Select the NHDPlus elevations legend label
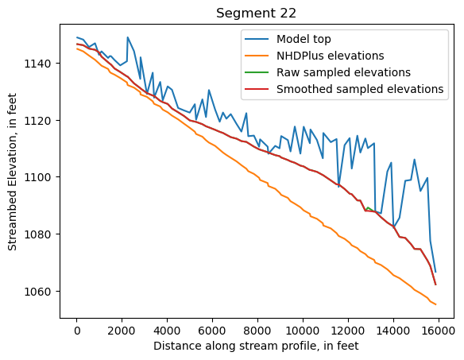330,56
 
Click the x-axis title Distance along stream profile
256,346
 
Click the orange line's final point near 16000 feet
435,304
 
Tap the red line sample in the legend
257,89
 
